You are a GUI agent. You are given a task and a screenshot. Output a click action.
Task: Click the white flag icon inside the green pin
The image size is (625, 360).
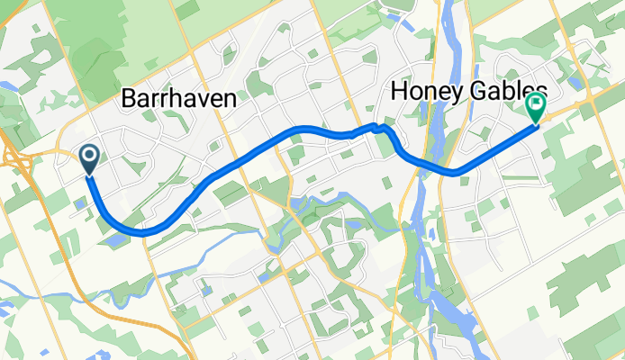point(536,104)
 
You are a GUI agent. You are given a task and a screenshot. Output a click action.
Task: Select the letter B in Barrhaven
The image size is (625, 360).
point(127,99)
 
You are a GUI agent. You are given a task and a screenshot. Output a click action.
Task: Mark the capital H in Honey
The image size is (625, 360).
point(398,92)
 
